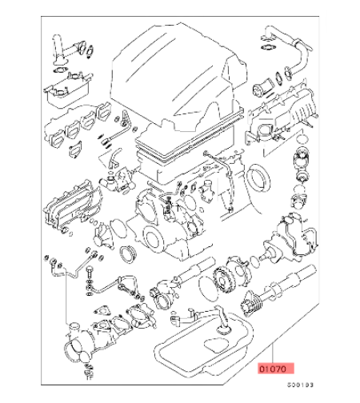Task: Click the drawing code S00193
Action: [x=300, y=385]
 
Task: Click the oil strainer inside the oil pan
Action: [x=222, y=321]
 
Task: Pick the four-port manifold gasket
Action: [x=78, y=125]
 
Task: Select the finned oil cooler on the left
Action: [x=70, y=205]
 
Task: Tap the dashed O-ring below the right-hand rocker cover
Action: [x=302, y=139]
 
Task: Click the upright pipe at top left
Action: [x=58, y=50]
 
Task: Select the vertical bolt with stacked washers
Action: [x=90, y=281]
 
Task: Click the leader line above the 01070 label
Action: [x=272, y=354]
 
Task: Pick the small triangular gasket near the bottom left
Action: [x=102, y=311]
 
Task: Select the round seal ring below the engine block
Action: [x=128, y=254]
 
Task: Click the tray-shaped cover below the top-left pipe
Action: [x=69, y=90]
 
